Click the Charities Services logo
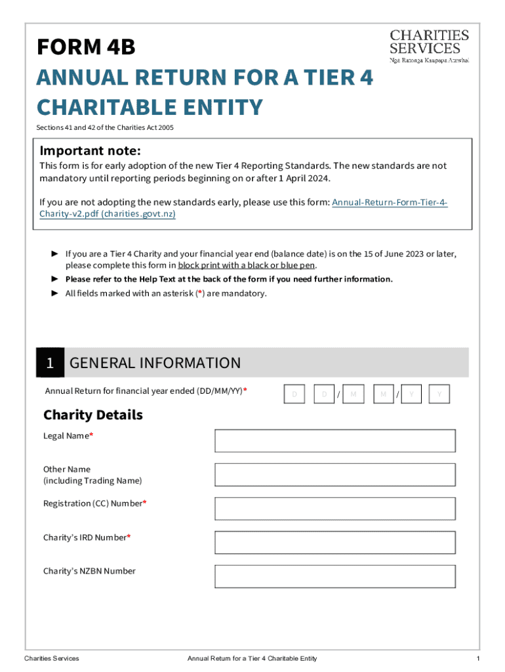pos(430,45)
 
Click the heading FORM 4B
pos(86,47)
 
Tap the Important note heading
pos(90,150)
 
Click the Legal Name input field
pos(334,441)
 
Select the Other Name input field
pos(334,474)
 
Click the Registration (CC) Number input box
pos(334,509)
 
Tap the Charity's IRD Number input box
pos(334,543)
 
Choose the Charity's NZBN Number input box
pos(334,576)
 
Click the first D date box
pos(295,394)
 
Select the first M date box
pos(353,394)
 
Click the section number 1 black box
pos(50,363)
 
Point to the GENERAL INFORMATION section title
pos(155,363)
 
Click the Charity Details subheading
pos(92,415)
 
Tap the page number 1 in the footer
pos(479,658)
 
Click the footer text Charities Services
pos(51,658)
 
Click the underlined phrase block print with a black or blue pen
pos(247,265)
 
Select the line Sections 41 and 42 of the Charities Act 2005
pos(105,127)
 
